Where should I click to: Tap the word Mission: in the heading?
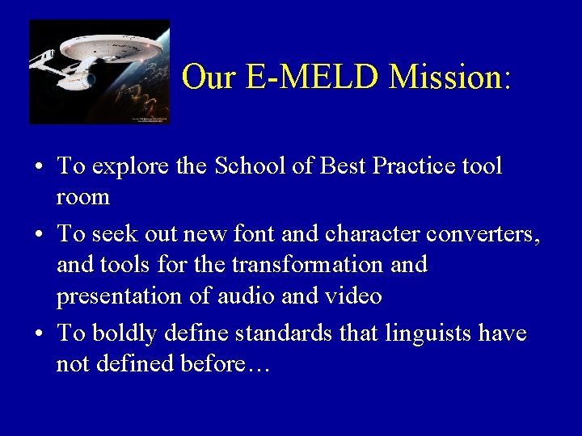450,77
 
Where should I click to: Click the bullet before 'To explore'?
39,168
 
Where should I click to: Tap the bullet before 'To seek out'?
39,235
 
